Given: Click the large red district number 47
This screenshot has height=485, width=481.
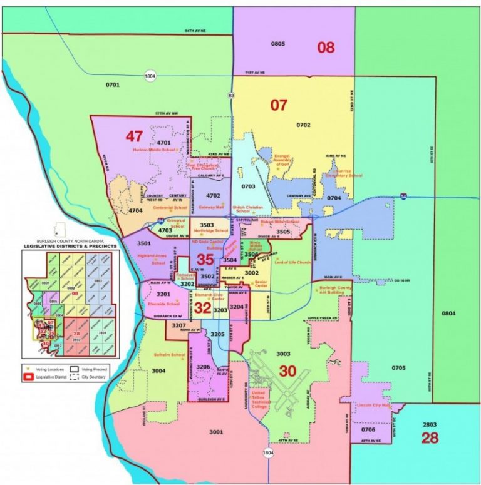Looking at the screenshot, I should coord(134,136).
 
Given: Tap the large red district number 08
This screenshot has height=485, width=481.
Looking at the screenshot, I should coord(325,47).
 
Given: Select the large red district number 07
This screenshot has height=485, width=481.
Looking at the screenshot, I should coord(278,105).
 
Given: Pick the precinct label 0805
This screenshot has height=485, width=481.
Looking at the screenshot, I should coord(277,44).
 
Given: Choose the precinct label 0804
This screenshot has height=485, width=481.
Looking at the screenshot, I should coord(448,312).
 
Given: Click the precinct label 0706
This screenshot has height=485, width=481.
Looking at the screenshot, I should coord(369,429).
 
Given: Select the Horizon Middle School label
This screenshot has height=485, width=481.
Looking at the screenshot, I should coord(155,150).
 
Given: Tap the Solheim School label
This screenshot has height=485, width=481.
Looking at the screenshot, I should coord(169,355).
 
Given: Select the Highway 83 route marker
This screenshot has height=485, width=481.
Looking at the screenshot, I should coord(231,95).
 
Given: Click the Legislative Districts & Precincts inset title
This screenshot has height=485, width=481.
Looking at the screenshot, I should coord(70,245).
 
